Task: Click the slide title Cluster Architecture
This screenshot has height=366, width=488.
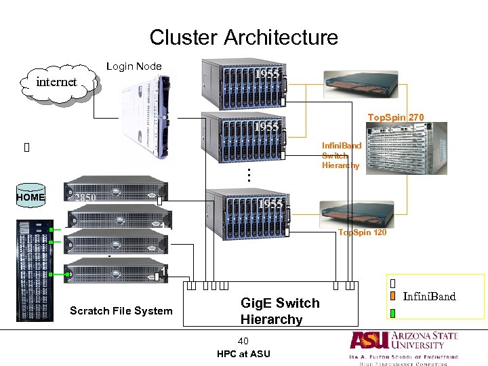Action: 243,37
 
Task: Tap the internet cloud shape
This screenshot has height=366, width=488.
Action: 58,83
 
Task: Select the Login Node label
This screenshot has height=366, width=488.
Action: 134,66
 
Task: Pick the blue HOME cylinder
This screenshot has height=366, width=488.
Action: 30,197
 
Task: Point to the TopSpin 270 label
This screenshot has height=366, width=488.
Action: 396,117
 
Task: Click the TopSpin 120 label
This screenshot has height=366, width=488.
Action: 362,232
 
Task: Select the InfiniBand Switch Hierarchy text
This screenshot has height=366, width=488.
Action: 342,155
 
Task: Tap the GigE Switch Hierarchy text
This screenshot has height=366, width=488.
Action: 279,311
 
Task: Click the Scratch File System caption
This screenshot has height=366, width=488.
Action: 121,310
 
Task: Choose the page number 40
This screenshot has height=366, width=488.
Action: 243,340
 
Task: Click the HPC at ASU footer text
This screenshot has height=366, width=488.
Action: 243,354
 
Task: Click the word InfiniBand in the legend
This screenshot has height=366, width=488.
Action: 429,296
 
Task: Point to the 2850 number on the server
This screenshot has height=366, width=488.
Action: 85,199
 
